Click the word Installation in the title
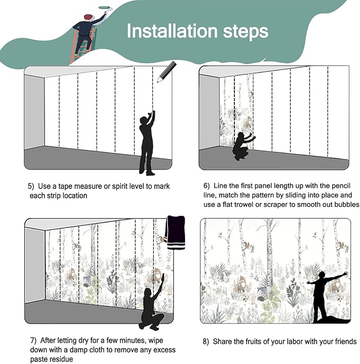[x=172, y=31]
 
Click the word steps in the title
[x=245, y=32]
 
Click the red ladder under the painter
[x=82, y=47]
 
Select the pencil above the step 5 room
[x=167, y=72]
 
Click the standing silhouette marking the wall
[x=147, y=143]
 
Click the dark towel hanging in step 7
[x=175, y=232]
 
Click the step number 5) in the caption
[x=31, y=186]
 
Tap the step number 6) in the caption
[x=206, y=186]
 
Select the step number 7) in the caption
[x=33, y=340]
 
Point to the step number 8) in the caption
[x=206, y=342]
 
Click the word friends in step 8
[x=346, y=342]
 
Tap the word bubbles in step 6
[x=347, y=204]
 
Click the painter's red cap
[x=88, y=17]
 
